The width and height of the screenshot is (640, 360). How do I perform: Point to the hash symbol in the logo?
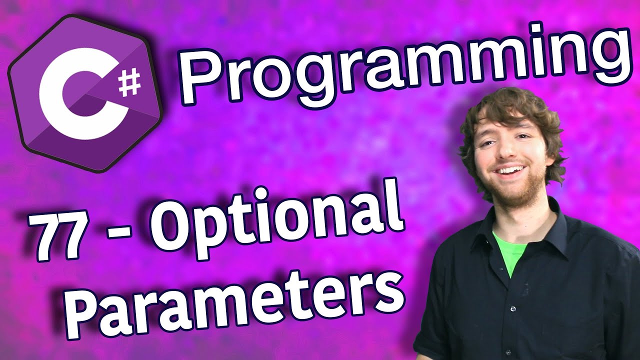coord(130,83)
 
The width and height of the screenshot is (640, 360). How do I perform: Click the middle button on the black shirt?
coord(513,308)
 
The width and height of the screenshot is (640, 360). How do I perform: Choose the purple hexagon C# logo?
coord(85,93)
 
